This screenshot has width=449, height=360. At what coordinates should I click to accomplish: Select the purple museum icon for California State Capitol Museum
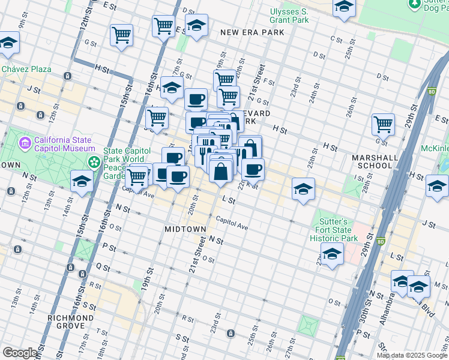tap(25, 143)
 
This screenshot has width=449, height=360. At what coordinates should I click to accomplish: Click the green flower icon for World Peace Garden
tap(94, 163)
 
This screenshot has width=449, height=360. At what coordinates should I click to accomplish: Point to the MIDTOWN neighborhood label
tap(185, 230)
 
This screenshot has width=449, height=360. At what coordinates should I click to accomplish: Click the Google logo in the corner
tap(20, 353)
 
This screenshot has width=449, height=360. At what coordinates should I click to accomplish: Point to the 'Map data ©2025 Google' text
tap(412, 355)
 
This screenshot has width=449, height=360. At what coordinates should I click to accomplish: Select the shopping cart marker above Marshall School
tap(383, 125)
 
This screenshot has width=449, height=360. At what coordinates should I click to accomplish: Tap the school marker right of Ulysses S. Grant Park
tap(345, 8)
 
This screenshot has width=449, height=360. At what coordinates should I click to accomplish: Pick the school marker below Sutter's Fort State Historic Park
tap(332, 254)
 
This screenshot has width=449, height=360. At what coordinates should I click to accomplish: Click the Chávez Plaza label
tap(26, 69)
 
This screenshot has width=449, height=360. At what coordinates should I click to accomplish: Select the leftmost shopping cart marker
tap(122, 35)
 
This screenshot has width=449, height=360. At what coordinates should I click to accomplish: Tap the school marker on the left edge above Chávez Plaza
tap(8, 43)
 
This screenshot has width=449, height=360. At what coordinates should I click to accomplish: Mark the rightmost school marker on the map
tap(437, 187)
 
